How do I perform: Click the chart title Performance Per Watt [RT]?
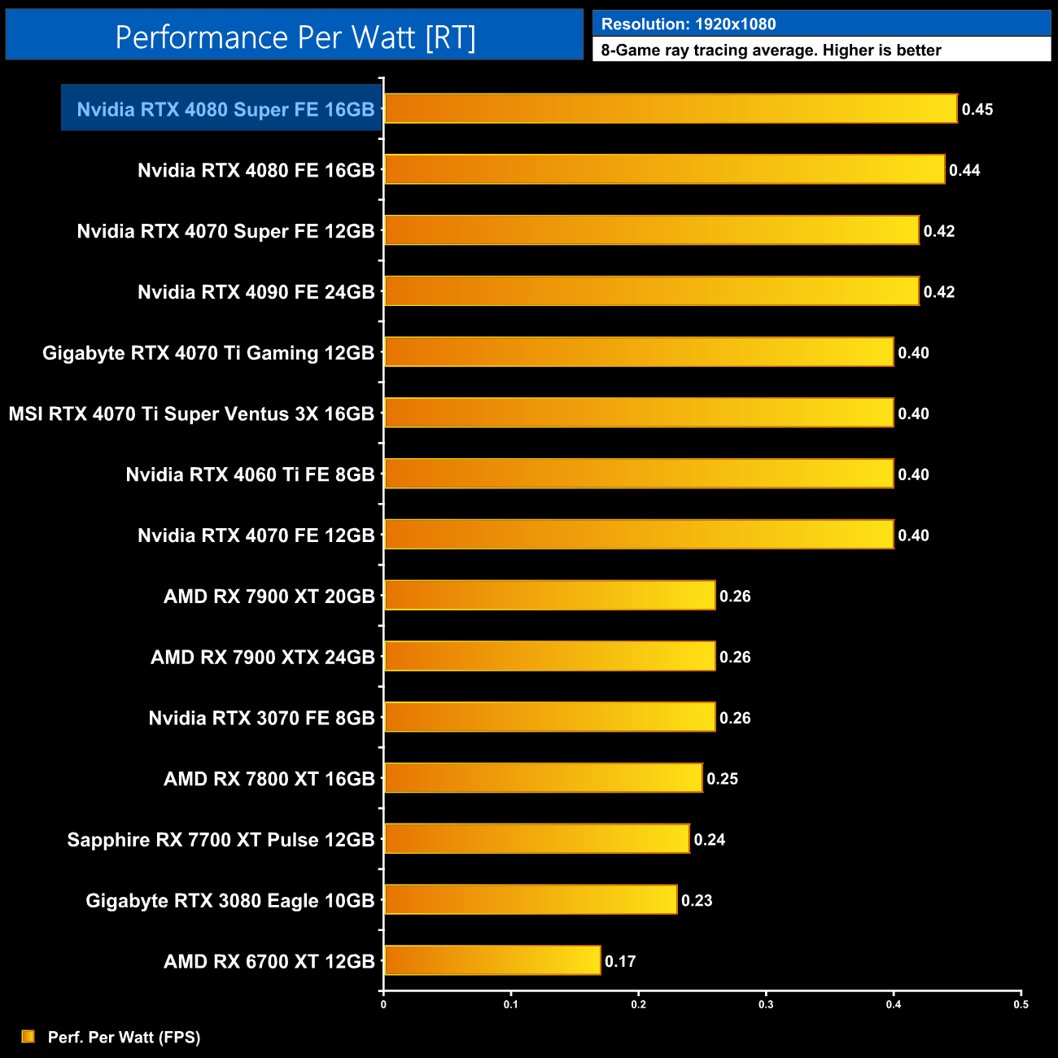point(295,37)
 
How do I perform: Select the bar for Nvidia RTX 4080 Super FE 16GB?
point(670,108)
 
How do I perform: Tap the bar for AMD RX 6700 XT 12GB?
point(492,960)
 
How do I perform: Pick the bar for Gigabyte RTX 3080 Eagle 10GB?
point(530,899)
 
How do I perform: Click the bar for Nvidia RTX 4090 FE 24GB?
point(651,291)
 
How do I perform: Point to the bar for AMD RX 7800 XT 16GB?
point(543,778)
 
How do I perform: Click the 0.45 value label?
point(977,109)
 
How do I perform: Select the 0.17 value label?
point(620,961)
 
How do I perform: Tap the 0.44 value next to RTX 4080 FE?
point(964,170)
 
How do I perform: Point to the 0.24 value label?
point(710,839)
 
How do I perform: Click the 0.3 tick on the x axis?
point(766,1004)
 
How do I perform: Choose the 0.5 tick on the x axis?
point(1021,1004)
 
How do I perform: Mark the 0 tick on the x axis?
point(383,1004)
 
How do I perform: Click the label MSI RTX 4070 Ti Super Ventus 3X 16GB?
point(191,413)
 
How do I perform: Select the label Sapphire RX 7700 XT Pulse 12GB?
point(221,839)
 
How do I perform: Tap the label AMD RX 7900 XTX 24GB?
point(262,657)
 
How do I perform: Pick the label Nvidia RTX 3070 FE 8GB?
point(261,718)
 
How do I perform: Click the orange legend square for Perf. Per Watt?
point(28,1036)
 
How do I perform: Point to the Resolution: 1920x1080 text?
point(689,24)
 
